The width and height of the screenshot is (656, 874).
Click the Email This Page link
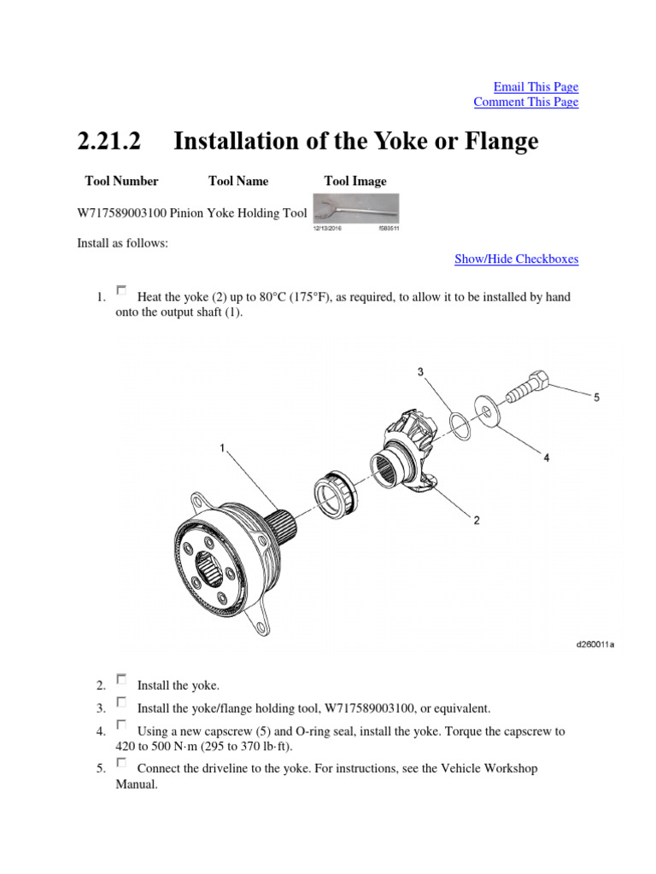(536, 87)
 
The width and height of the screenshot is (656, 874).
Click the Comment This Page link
(525, 102)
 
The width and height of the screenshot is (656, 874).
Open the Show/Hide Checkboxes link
(516, 259)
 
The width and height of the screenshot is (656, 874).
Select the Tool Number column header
(121, 181)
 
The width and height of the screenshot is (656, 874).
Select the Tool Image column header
(355, 181)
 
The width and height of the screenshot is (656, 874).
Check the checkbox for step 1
(121, 291)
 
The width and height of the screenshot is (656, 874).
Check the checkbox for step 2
(121, 679)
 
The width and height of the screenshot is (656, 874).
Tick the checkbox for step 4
(121, 725)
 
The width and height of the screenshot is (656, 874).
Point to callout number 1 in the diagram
(223, 447)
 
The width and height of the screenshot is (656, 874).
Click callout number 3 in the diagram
(420, 372)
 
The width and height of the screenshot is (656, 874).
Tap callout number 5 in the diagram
(596, 397)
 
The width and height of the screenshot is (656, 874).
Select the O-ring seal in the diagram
(460, 424)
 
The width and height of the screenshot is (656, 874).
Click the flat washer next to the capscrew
(484, 412)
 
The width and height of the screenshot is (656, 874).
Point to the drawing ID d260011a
(595, 644)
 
